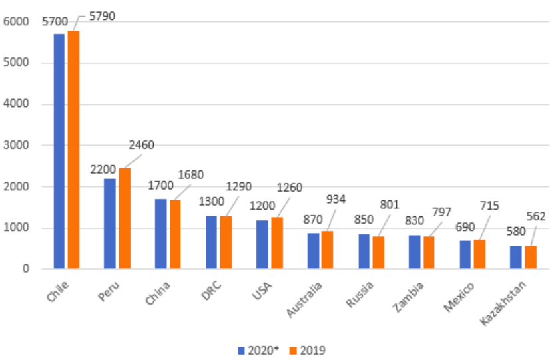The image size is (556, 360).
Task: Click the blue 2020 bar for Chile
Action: (59, 151)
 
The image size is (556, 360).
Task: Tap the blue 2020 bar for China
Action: (160, 234)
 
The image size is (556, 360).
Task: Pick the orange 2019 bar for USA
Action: (276, 243)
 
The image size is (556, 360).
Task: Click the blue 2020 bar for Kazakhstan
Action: (515, 257)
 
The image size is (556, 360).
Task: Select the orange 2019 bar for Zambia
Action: (429, 252)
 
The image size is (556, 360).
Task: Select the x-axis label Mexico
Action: (461, 294)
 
